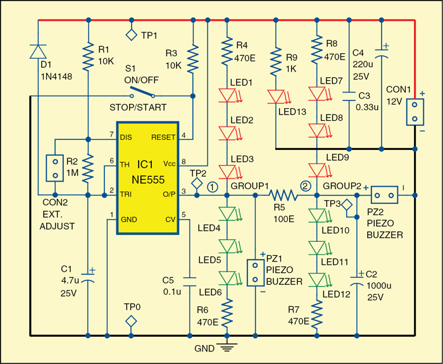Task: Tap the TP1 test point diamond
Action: (x=132, y=35)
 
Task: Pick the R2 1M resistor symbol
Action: (x=89, y=170)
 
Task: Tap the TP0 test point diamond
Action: (x=132, y=320)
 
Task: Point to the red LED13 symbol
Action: (x=276, y=96)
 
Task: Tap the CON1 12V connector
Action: (x=415, y=111)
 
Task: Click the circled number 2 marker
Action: (x=306, y=186)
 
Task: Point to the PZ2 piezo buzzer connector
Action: (x=384, y=196)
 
